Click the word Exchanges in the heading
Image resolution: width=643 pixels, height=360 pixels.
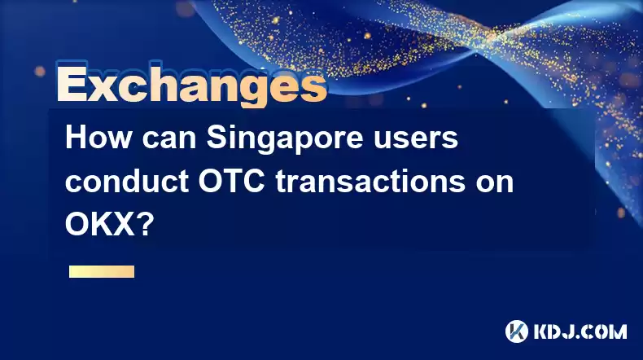(192, 84)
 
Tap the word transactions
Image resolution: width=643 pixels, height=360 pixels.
(370, 181)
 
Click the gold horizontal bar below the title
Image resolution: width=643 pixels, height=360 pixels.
(102, 272)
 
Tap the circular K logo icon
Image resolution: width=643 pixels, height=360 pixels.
(517, 331)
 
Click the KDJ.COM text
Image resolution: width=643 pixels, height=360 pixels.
(580, 331)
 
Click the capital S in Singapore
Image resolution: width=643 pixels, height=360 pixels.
(217, 138)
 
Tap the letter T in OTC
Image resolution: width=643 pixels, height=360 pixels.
(233, 181)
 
